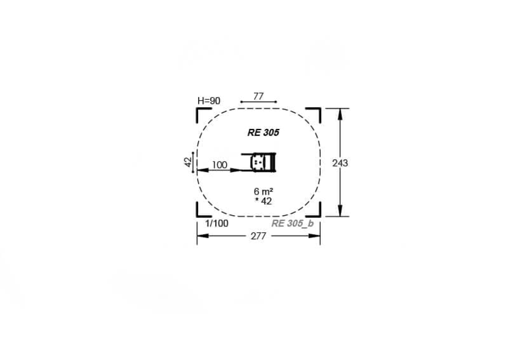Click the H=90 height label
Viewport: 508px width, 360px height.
coord(209,101)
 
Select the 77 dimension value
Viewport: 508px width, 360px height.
coord(258,96)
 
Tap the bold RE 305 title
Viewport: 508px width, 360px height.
coord(263,133)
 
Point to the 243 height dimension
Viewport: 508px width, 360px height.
coord(340,163)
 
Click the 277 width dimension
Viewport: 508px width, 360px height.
coord(258,237)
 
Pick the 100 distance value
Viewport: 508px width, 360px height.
coord(219,165)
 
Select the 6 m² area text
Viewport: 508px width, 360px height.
coord(263,192)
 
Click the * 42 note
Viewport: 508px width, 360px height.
coord(263,201)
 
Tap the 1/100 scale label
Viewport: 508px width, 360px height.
coord(216,224)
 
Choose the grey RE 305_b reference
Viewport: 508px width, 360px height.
coord(292,224)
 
